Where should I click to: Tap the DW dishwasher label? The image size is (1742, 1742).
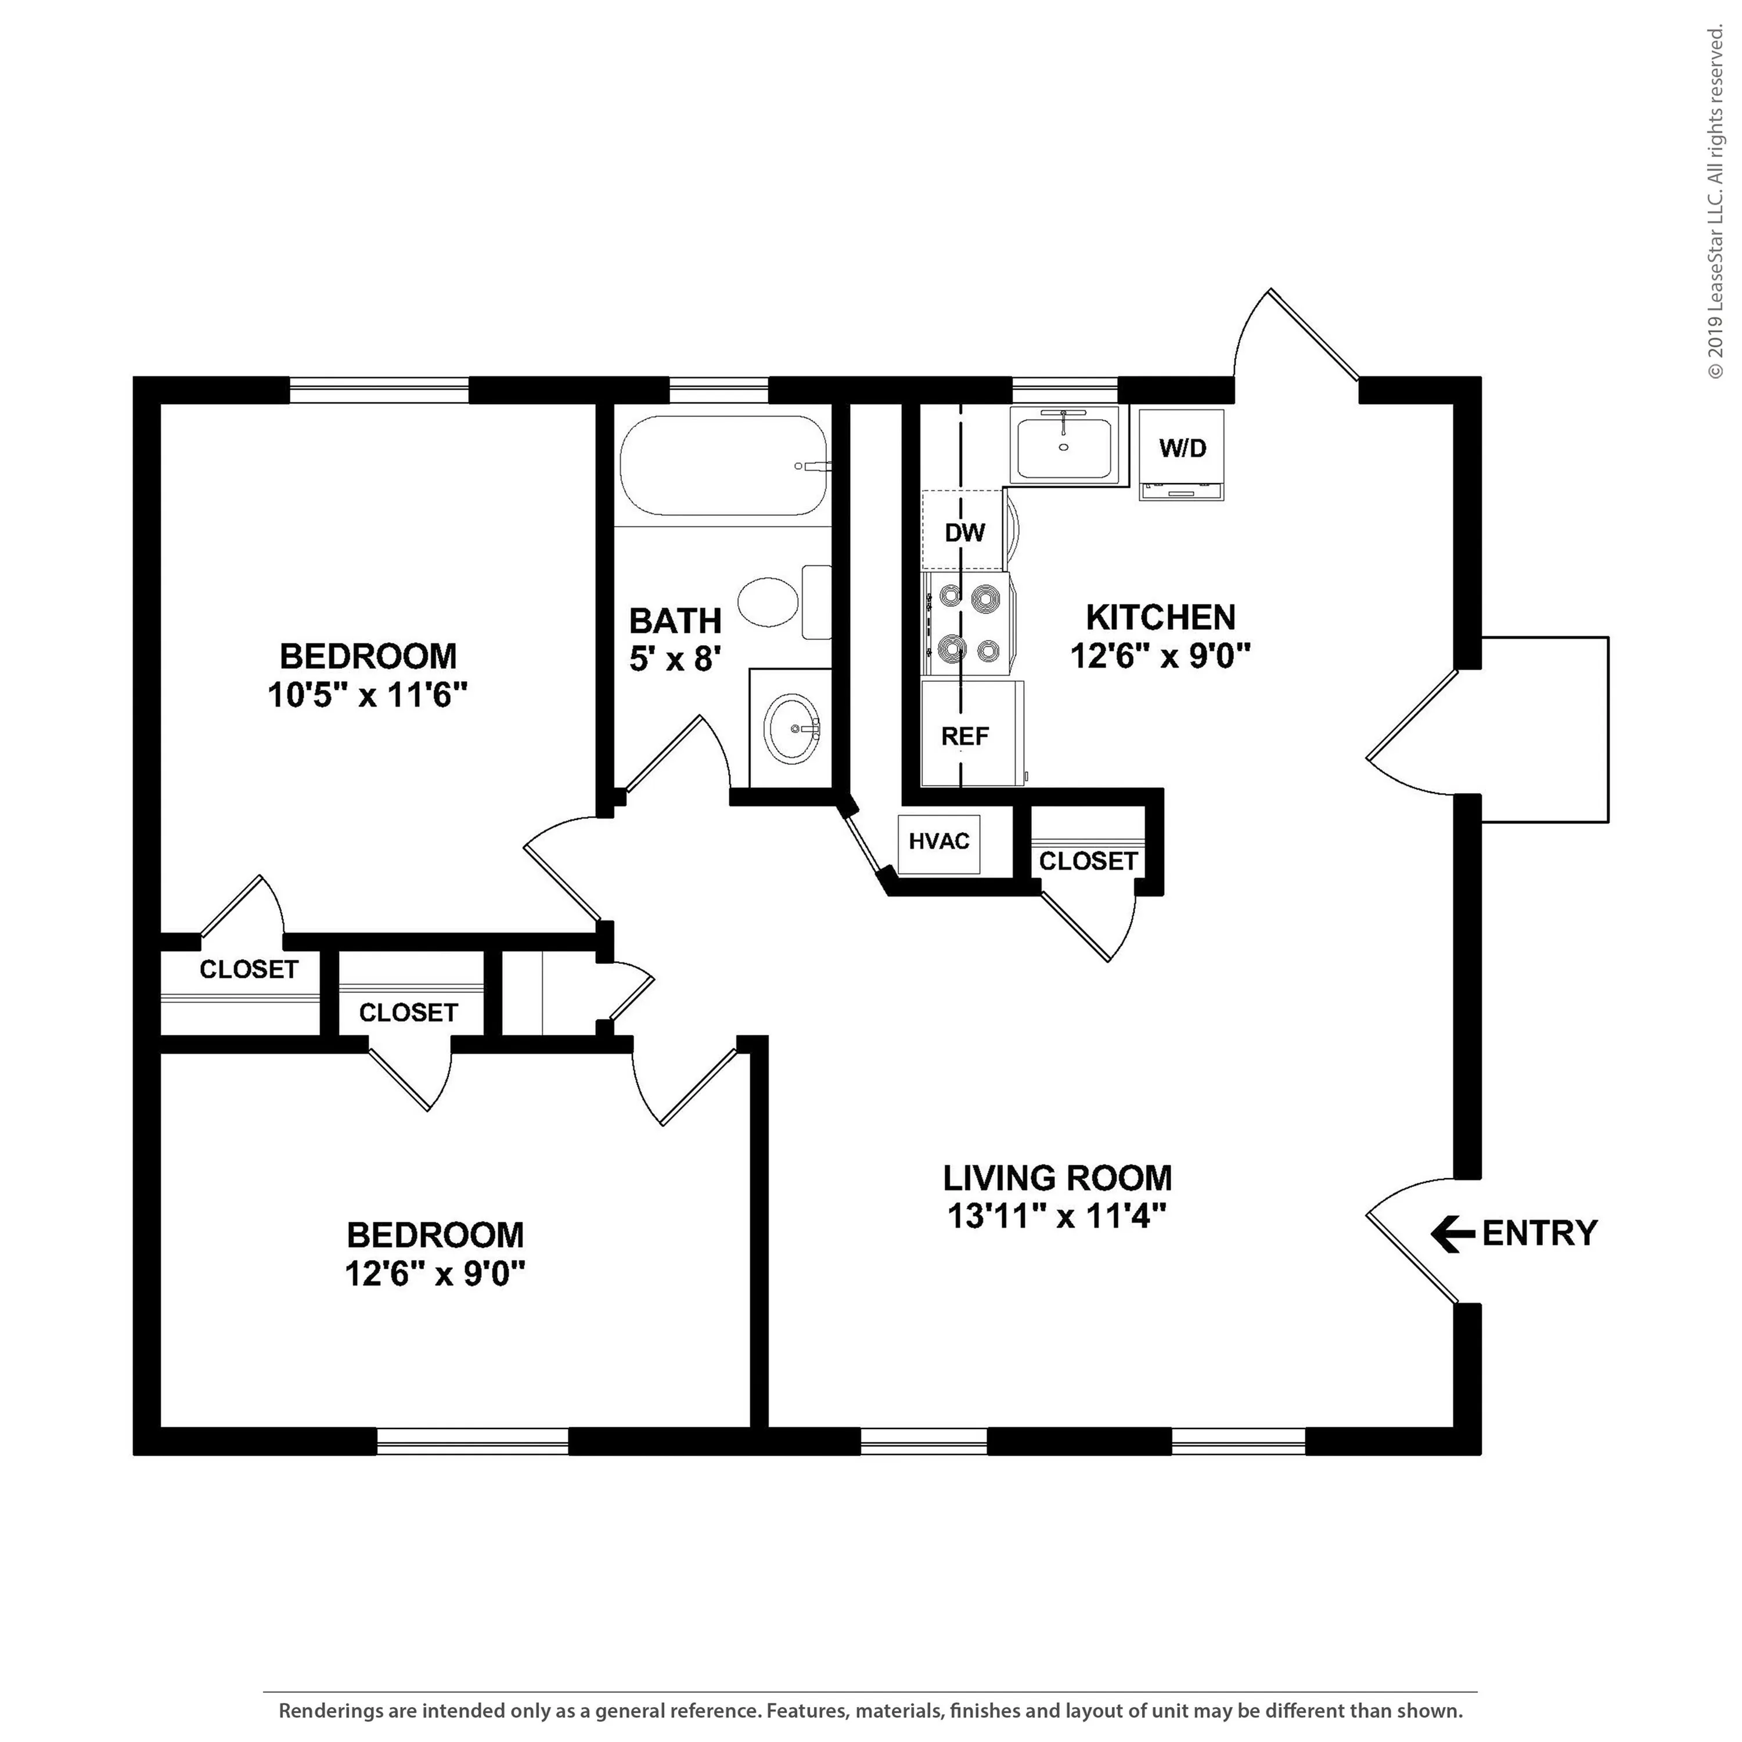coord(964,533)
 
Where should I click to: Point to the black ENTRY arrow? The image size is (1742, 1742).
coord(1452,1233)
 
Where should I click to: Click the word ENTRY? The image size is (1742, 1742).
coord(1539,1233)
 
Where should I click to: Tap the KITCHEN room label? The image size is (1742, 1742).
coord(1160,618)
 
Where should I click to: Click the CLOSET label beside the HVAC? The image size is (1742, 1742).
coord(1088,861)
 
